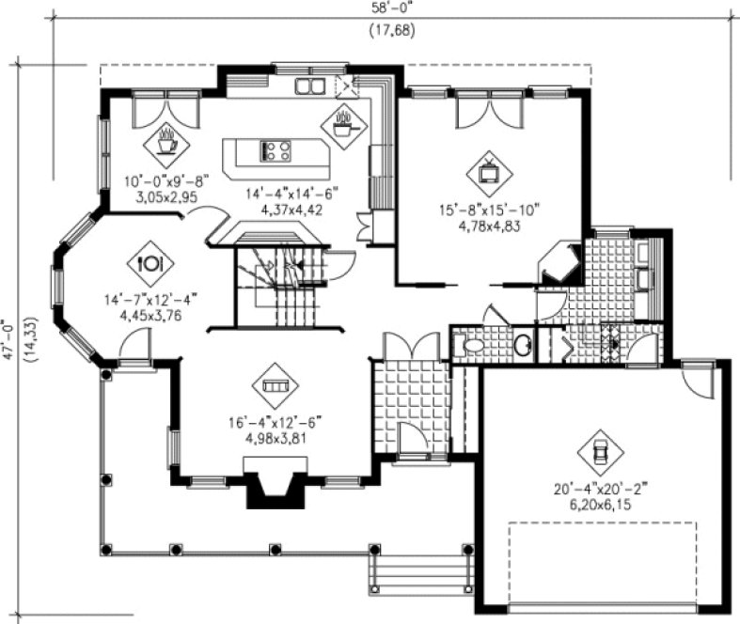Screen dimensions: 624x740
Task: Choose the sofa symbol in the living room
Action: tap(275, 385)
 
